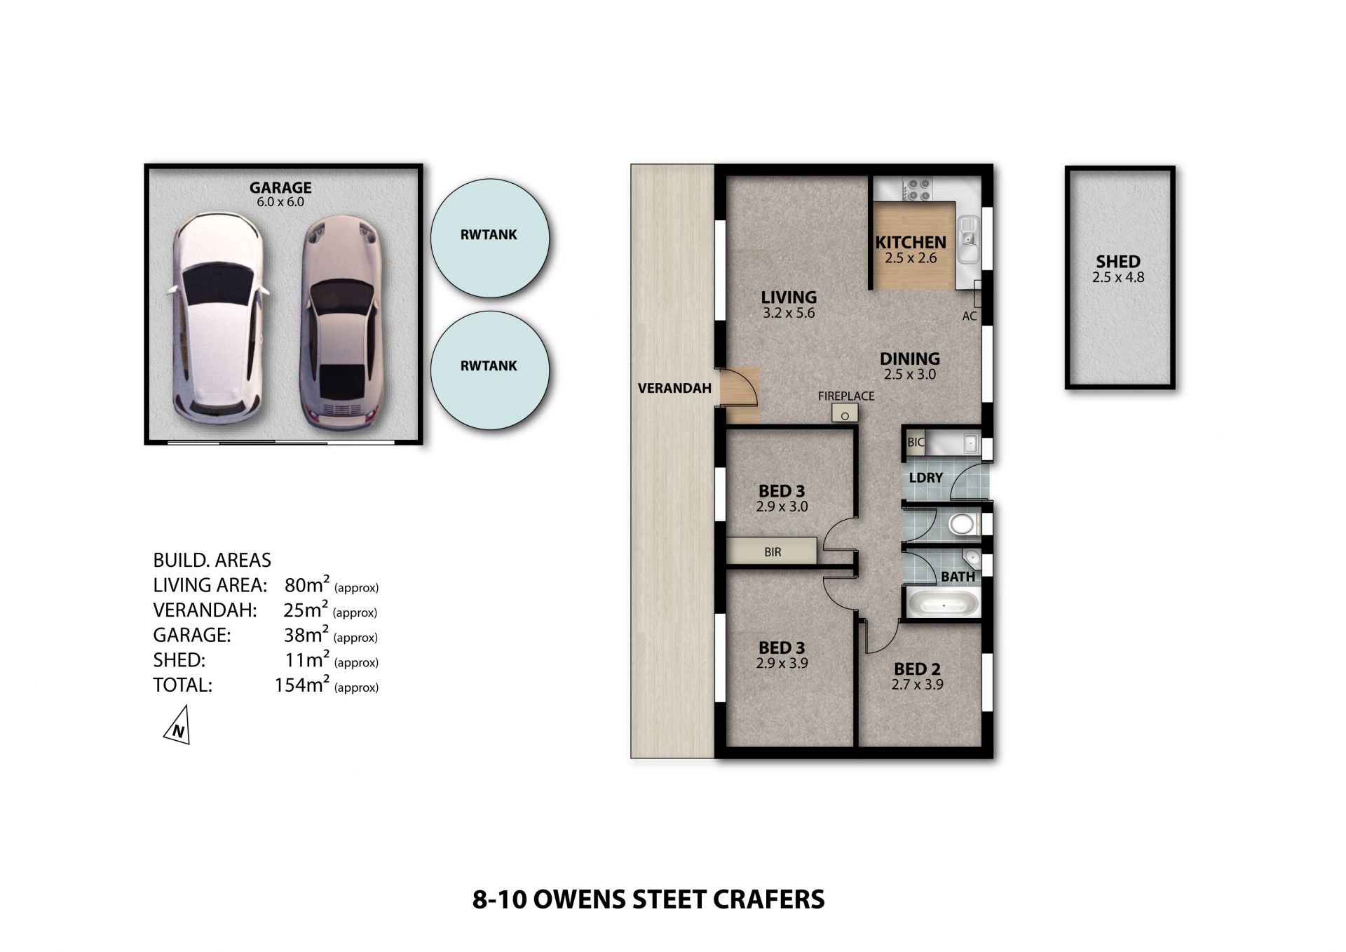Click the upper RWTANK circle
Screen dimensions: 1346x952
pyautogui.click(x=489, y=237)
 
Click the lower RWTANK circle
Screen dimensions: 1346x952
pyautogui.click(x=489, y=369)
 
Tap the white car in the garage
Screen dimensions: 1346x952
pyautogui.click(x=217, y=317)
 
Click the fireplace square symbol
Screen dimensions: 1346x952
pyautogui.click(x=845, y=414)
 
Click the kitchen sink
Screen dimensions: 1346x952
pyautogui.click(x=970, y=238)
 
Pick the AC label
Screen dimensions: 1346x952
pyautogui.click(x=970, y=316)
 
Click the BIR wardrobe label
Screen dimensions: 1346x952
pyautogui.click(x=773, y=552)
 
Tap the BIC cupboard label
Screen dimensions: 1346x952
pyautogui.click(x=916, y=443)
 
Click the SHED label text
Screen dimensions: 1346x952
pyautogui.click(x=1118, y=261)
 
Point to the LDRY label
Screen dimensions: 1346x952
pyautogui.click(x=925, y=478)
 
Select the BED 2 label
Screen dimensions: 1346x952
pyautogui.click(x=917, y=669)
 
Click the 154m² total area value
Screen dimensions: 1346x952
pyautogui.click(x=302, y=684)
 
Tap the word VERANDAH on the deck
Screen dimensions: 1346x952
pyautogui.click(x=674, y=388)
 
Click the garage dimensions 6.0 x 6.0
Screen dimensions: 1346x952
pyautogui.click(x=280, y=202)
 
